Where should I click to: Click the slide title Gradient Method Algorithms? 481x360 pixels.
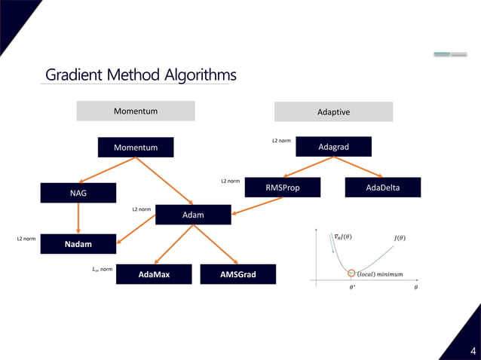[141, 75]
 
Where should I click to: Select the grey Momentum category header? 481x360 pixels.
[136, 111]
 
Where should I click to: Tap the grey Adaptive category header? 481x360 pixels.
[333, 111]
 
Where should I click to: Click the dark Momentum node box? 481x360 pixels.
[136, 148]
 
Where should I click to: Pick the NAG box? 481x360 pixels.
[78, 194]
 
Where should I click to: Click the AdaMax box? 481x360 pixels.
[155, 274]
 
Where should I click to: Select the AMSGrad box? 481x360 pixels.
[237, 274]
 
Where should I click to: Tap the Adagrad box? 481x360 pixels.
[333, 147]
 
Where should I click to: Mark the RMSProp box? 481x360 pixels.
[283, 188]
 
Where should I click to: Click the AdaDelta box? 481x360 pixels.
[383, 188]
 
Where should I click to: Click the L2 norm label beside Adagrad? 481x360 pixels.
[281, 141]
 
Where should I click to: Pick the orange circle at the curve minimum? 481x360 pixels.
[351, 272]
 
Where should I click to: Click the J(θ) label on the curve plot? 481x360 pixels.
[400, 239]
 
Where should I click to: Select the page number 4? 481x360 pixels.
[473, 350]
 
